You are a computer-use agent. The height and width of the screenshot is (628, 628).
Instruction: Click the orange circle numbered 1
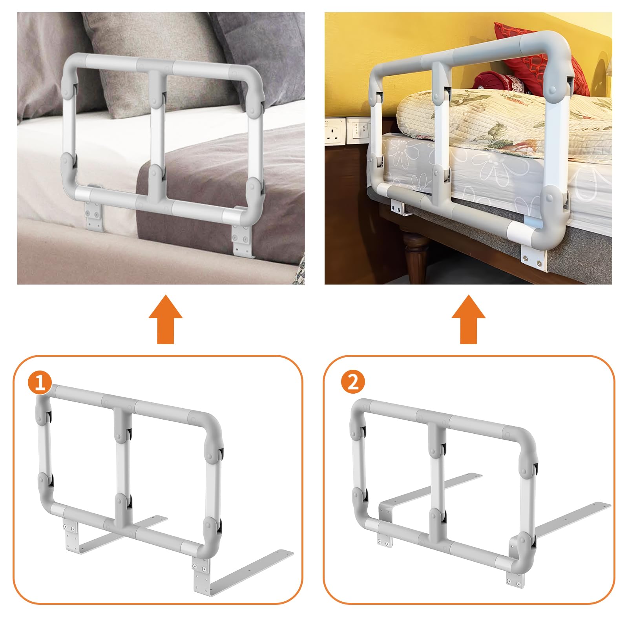point(40,382)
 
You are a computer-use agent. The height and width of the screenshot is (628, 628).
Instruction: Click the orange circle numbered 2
point(353,382)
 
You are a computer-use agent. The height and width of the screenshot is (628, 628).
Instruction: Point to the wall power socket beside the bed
point(335,131)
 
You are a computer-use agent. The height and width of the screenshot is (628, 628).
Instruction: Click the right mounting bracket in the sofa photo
point(241,239)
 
